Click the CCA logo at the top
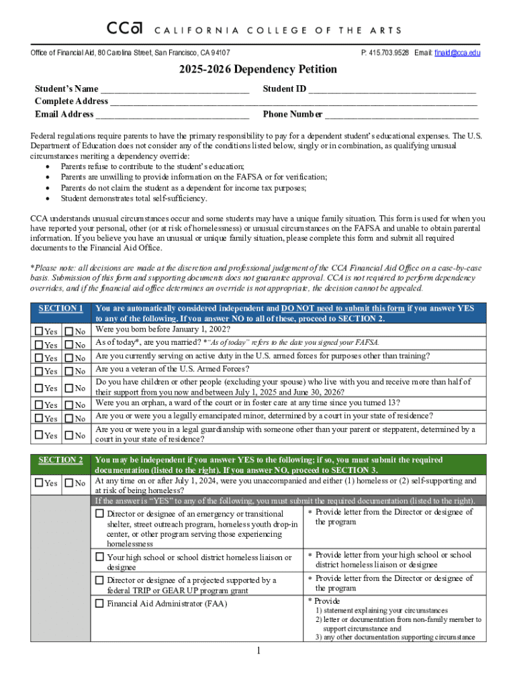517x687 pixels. click(125, 29)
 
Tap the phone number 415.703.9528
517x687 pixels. click(386, 53)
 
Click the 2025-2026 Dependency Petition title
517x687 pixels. click(258, 70)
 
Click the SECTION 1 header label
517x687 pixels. click(60, 309)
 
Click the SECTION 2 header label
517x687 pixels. click(60, 460)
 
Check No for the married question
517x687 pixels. click(69, 345)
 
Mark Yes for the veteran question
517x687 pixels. click(39, 371)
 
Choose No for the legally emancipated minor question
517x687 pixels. click(69, 419)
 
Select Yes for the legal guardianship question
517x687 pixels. click(39, 435)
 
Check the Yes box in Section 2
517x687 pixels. click(39, 483)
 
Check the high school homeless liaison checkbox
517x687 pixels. click(99, 557)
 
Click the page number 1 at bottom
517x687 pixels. click(258, 651)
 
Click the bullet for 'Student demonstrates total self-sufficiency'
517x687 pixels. click(47, 199)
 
